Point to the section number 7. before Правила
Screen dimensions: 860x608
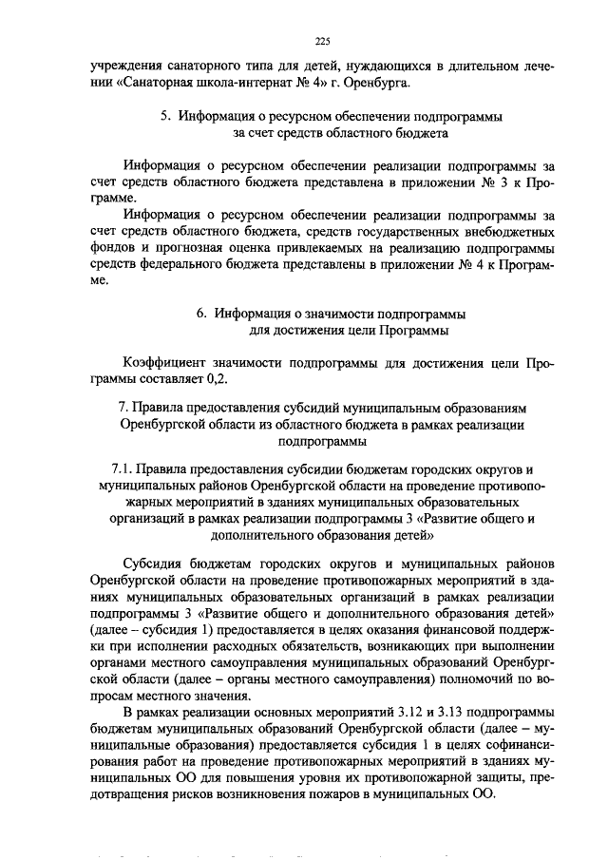[x=123, y=408]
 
